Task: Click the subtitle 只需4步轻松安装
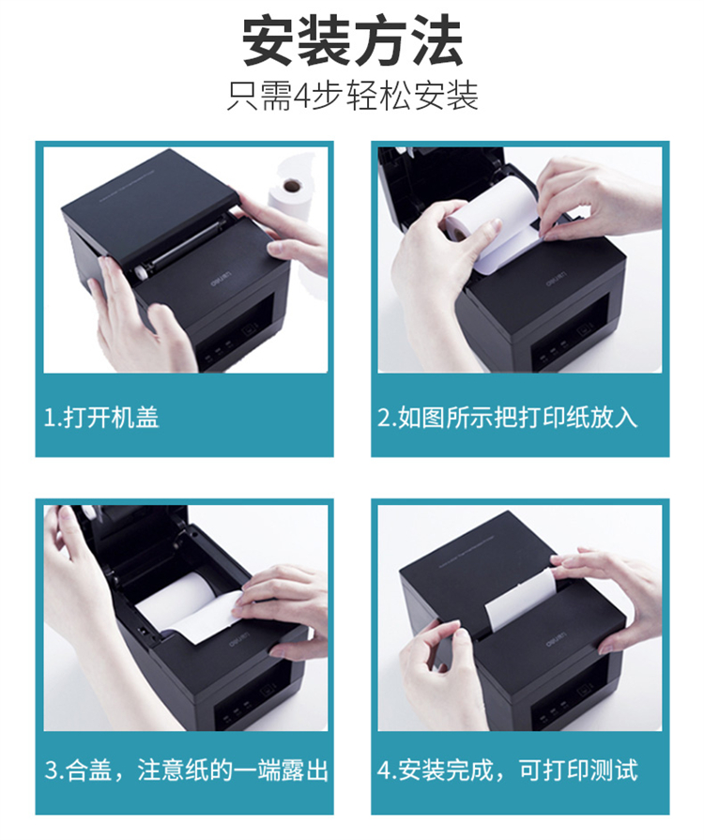(x=352, y=96)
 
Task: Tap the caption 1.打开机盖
(x=101, y=417)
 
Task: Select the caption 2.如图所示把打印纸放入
(x=508, y=417)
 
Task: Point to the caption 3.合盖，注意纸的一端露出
(x=186, y=771)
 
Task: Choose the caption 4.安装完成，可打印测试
(x=508, y=771)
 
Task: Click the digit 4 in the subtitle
(x=303, y=97)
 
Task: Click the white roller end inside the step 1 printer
(x=142, y=272)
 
